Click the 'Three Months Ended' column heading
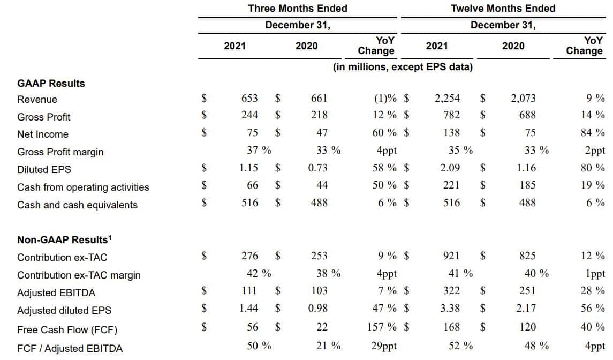tap(298, 9)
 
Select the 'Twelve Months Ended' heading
tap(503, 9)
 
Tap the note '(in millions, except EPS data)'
tap(403, 67)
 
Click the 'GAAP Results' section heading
tap(51, 84)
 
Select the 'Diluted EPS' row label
tap(44, 169)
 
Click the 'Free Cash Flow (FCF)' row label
tap(67, 329)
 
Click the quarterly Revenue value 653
tap(249, 99)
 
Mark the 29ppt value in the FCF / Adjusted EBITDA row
tap(384, 346)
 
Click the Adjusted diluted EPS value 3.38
tap(450, 308)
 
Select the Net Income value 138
tap(451, 132)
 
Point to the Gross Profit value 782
tap(451, 115)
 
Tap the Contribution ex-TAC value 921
tap(451, 256)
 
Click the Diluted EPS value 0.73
tap(318, 168)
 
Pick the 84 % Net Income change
tap(593, 132)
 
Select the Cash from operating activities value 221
tap(451, 185)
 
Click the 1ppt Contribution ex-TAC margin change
tap(595, 274)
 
